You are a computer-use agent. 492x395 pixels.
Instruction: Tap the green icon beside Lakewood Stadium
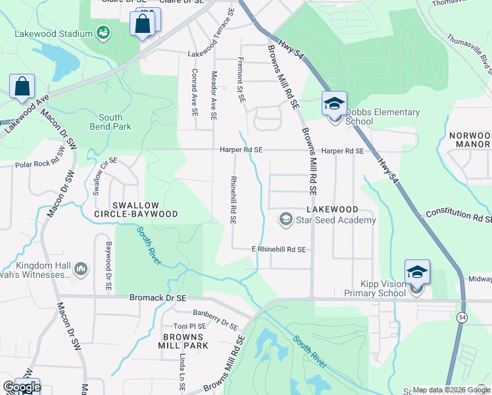click(103, 32)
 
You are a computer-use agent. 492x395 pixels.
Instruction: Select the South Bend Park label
click(110, 122)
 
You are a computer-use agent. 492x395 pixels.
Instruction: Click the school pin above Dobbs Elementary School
click(334, 104)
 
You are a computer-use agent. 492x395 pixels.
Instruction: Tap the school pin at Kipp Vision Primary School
click(417, 273)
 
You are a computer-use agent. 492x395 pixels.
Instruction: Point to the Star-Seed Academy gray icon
click(286, 219)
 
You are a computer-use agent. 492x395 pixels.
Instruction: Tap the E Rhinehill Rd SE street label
click(279, 250)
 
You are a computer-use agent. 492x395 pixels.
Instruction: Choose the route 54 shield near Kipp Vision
click(463, 318)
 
